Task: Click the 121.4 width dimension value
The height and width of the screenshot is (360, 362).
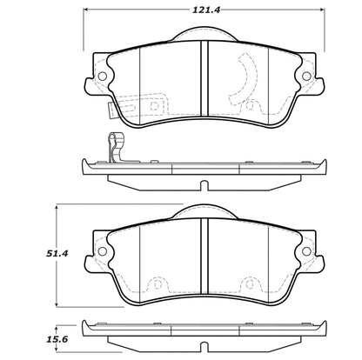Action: coord(206,10)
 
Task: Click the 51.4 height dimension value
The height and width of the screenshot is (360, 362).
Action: coord(57,253)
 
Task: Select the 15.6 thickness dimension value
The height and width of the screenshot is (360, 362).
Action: coord(57,339)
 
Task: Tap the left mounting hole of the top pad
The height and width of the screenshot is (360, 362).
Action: coord(103,77)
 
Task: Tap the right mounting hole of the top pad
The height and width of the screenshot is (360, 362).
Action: coord(306,77)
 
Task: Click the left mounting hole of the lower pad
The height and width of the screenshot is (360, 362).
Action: coord(103,251)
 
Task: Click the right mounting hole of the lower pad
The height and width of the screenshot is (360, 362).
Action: coord(306,251)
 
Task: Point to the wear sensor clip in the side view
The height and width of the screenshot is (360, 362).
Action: coord(116,147)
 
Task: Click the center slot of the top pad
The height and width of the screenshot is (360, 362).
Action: coord(204,78)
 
